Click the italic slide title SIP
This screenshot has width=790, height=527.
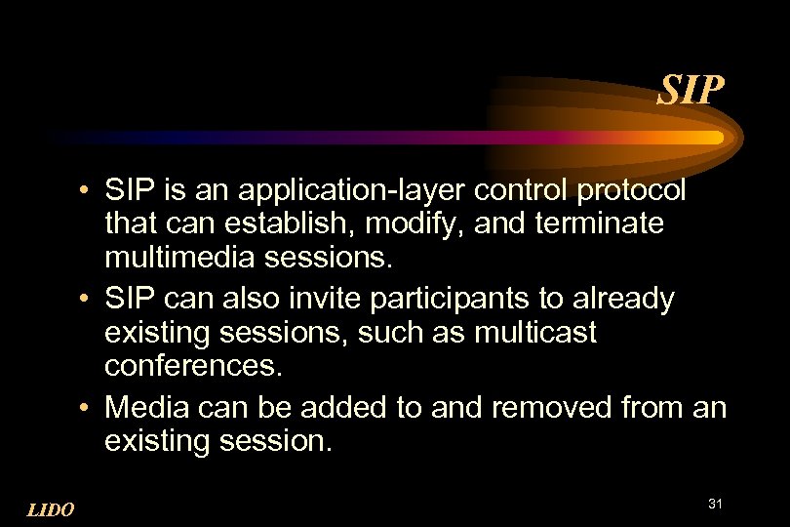click(691, 92)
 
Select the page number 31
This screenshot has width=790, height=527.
click(715, 504)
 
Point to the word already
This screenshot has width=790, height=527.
click(625, 299)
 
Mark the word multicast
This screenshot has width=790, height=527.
click(535, 333)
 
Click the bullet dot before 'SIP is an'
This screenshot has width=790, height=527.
click(87, 188)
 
